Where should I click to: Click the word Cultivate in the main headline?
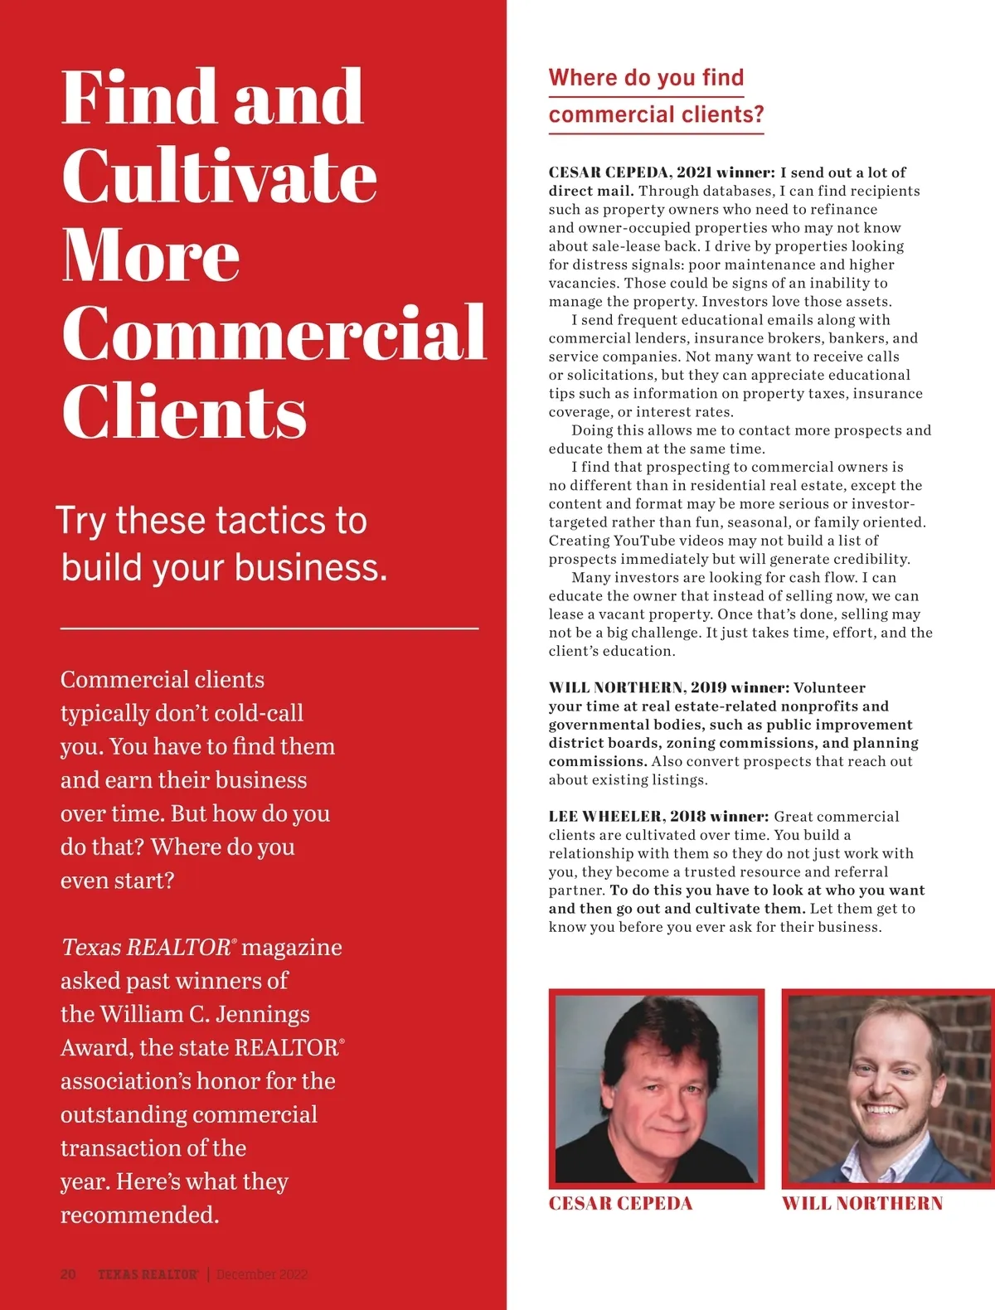(219, 176)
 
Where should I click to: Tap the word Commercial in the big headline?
(274, 333)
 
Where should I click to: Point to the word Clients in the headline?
(184, 412)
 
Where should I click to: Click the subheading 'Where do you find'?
(646, 78)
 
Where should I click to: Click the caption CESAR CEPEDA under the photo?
(620, 1204)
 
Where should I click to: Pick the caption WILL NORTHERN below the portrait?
(862, 1204)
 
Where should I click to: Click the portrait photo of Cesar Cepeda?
(656, 1089)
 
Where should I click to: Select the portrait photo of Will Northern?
(889, 1089)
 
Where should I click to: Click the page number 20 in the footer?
(68, 1274)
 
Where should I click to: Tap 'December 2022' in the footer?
(262, 1274)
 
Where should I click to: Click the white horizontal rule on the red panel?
(269, 628)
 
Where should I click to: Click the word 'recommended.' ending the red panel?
(139, 1215)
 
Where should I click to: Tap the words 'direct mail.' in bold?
(590, 191)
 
